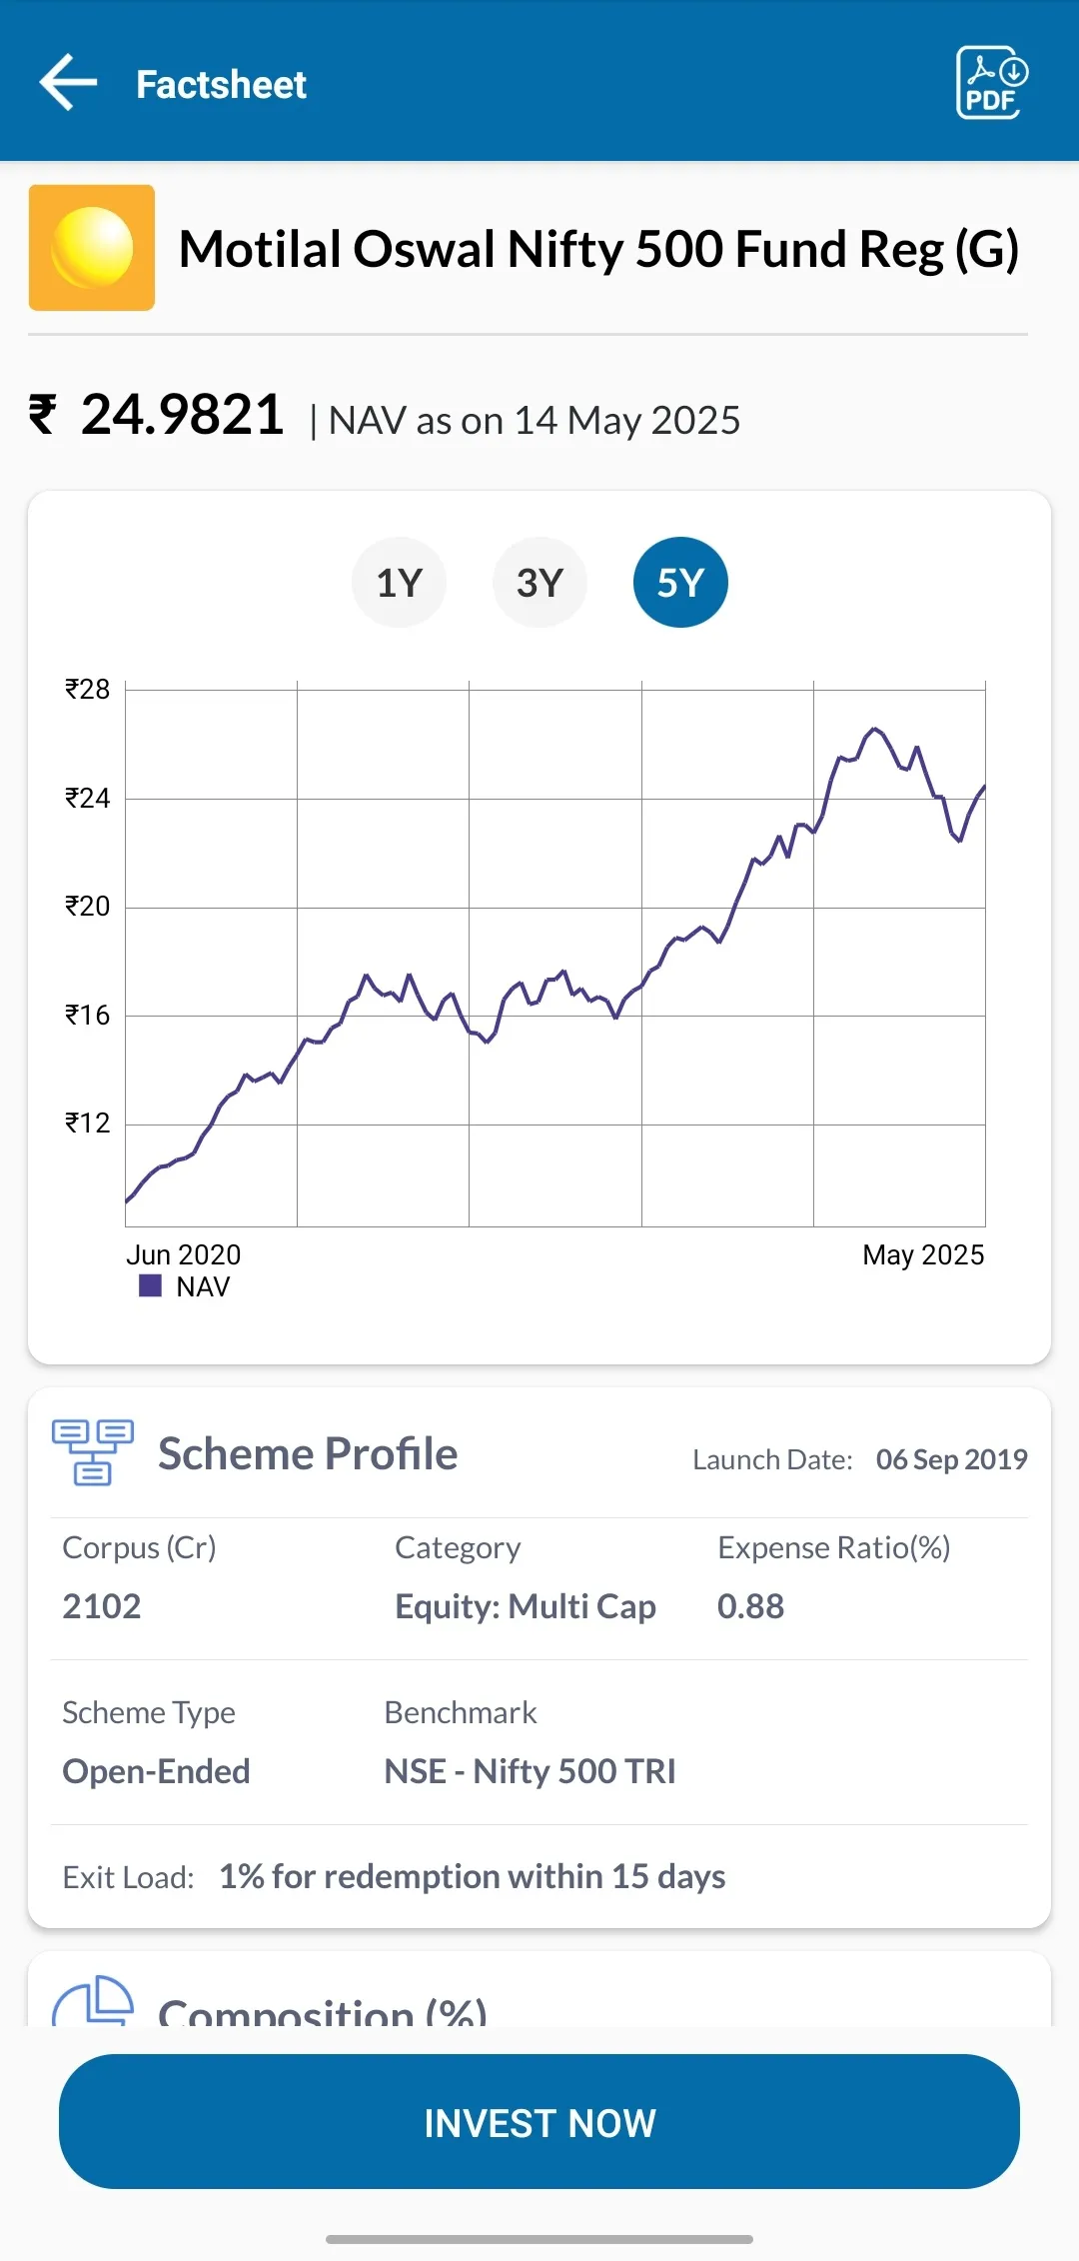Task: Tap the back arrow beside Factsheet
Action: point(68,82)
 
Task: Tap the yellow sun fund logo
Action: point(92,248)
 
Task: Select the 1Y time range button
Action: point(399,583)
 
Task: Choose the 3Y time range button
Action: point(539,583)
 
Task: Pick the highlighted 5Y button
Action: point(680,583)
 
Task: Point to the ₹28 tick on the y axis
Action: point(88,690)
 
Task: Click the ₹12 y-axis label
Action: point(88,1124)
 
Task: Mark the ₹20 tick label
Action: point(88,907)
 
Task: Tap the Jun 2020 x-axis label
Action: point(184,1254)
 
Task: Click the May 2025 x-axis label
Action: point(923,1254)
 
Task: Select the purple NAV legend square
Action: point(150,1285)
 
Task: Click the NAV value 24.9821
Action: point(183,415)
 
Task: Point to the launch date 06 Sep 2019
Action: point(952,1459)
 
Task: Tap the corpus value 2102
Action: point(102,1606)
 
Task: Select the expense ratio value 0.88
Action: point(751,1606)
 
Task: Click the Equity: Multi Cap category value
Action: point(526,1606)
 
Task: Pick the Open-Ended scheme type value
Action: point(157,1771)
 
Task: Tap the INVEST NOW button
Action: point(539,2121)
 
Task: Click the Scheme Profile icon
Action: point(93,1452)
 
